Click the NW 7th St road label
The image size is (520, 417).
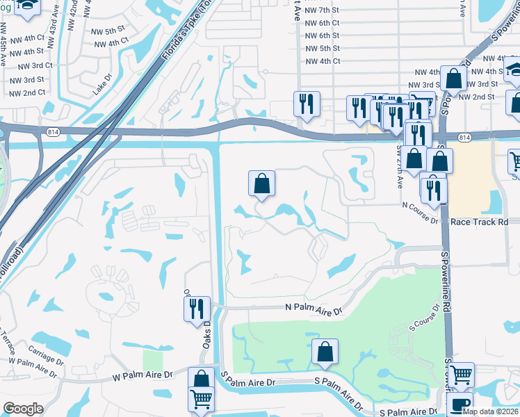tap(326, 10)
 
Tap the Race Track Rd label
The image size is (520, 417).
tap(480, 222)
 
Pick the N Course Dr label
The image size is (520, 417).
tap(420, 204)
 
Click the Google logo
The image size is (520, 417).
tap(23, 409)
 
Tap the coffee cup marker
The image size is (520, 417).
tap(460, 404)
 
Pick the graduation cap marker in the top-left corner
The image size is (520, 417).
tap(28, 6)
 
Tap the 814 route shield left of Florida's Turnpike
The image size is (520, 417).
tap(52, 131)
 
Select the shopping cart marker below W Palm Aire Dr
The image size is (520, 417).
tap(201, 399)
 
